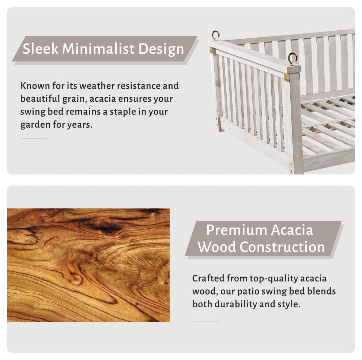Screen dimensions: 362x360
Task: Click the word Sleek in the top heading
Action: pyautogui.click(x=40, y=49)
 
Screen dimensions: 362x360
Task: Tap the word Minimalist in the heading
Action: pyautogui.click(x=98, y=49)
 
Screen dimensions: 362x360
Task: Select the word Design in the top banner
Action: pyautogui.click(x=161, y=49)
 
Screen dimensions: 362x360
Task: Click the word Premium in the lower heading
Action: pyautogui.click(x=237, y=230)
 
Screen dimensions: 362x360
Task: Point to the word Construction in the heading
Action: pyautogui.click(x=282, y=247)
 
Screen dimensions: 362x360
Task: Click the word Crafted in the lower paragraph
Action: pyautogui.click(x=208, y=278)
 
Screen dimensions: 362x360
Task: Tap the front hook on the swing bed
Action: pyautogui.click(x=293, y=59)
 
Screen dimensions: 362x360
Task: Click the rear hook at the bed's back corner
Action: pyautogui.click(x=215, y=35)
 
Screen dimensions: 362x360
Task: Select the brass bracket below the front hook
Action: pyautogui.click(x=287, y=78)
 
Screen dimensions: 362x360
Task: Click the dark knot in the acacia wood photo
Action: pyautogui.click(x=105, y=226)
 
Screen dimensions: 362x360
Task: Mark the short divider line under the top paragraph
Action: pyautogui.click(x=35, y=139)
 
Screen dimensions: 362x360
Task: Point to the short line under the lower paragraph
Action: pyautogui.click(x=206, y=322)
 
